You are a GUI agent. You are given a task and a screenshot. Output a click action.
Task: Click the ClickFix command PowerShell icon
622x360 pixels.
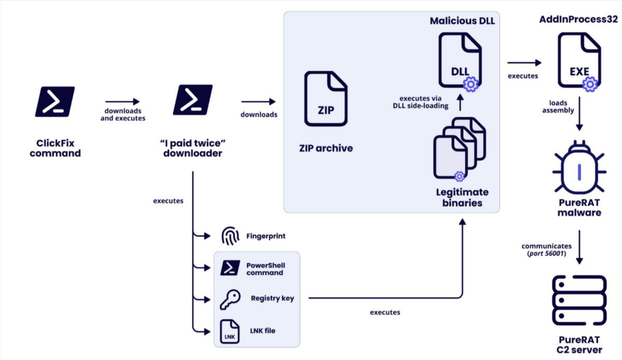click(55, 101)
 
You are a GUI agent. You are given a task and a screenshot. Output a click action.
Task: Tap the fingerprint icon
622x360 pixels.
click(230, 237)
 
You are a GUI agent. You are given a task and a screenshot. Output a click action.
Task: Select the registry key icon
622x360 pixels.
click(230, 299)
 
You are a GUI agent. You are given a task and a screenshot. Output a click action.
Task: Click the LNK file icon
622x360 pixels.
click(230, 330)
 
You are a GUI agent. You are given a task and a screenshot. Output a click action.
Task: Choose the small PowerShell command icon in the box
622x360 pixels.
click(229, 268)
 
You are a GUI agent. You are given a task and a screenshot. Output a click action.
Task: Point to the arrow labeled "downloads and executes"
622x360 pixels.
click(122, 102)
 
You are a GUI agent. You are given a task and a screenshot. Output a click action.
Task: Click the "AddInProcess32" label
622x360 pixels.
click(578, 20)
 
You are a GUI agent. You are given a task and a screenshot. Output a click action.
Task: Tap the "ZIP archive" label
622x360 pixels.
click(327, 148)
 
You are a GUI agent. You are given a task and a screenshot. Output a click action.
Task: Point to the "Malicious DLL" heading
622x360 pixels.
click(462, 21)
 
